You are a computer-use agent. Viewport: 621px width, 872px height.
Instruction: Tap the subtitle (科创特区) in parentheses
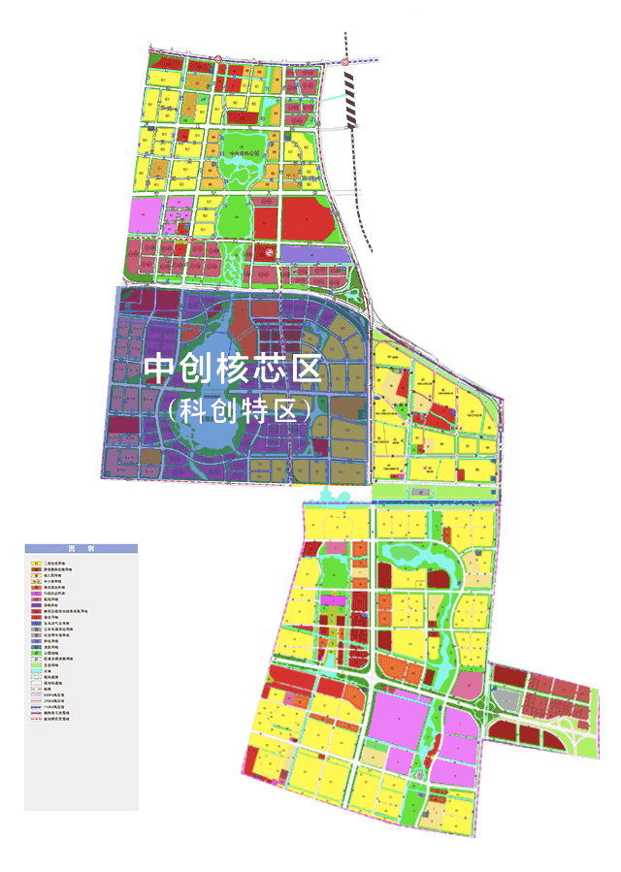pyautogui.click(x=239, y=409)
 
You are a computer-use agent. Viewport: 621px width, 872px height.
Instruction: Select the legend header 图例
pyautogui.click(x=82, y=548)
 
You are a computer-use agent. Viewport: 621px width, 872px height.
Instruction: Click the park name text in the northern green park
pyautogui.click(x=242, y=152)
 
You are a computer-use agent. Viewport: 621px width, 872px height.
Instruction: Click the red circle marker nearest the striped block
pyautogui.click(x=344, y=61)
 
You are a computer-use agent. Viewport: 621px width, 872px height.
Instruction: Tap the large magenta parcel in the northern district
pyautogui.click(x=143, y=215)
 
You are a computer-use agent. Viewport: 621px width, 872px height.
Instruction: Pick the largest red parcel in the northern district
pyautogui.click(x=310, y=220)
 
